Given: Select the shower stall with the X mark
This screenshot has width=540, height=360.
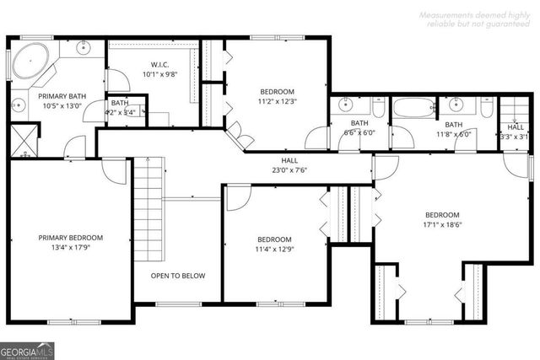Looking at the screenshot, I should tap(24, 140).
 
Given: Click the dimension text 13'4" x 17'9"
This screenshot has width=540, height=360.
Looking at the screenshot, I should tap(70, 248).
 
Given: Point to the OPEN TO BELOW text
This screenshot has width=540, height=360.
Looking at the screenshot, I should tap(178, 276).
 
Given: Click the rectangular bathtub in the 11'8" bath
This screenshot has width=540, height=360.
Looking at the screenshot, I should tap(413, 109).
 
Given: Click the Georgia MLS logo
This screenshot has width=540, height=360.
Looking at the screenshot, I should tap(28, 347).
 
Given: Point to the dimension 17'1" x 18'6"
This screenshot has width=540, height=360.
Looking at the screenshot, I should tap(442, 225).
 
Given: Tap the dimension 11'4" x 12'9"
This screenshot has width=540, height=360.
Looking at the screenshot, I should tap(274, 249).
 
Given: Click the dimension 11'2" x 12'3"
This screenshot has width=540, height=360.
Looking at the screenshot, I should tap(277, 101).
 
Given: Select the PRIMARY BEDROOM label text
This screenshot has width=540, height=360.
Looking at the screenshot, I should tap(70, 238).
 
